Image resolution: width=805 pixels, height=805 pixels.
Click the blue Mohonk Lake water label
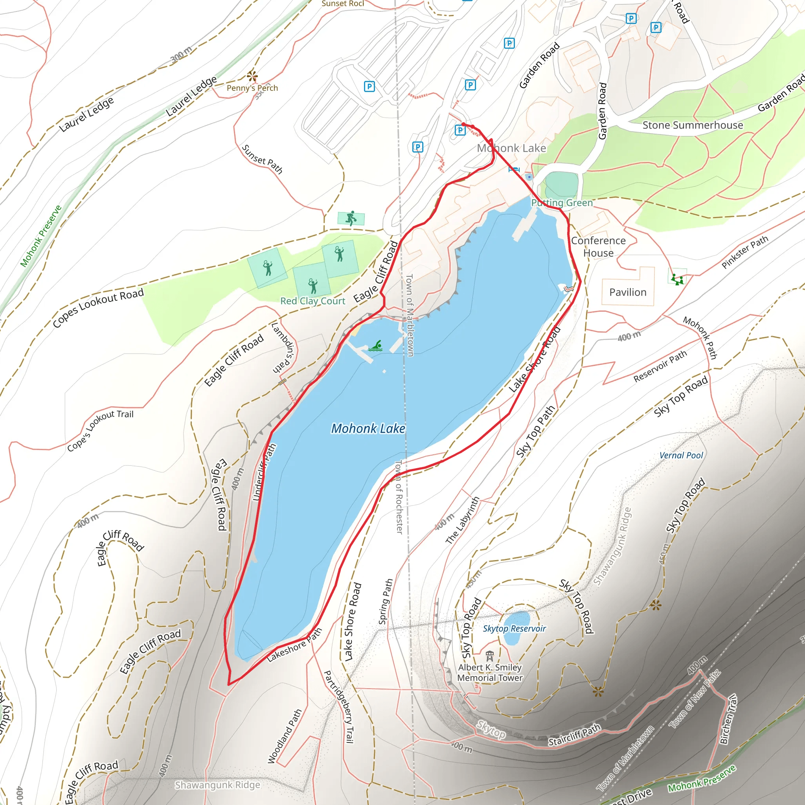368,429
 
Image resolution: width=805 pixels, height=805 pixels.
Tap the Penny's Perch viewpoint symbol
252,76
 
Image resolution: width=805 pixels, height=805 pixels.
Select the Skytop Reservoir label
514,629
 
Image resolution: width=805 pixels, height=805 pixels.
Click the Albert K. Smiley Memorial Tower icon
490,656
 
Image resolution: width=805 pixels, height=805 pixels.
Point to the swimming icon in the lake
376,346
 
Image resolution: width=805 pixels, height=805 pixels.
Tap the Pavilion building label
627,292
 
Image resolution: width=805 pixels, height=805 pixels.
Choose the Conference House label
598,247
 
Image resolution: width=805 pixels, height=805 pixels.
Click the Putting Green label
562,203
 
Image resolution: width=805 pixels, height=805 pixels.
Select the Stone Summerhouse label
693,125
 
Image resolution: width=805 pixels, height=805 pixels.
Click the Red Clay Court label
312,301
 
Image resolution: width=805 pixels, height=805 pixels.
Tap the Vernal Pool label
681,456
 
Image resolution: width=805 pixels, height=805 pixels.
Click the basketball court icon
351,218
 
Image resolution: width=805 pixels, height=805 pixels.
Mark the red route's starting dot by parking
463,124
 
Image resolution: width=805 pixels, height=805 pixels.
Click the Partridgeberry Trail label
339,707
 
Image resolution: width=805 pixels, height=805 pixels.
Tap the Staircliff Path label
574,735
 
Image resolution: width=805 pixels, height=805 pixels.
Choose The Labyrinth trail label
463,520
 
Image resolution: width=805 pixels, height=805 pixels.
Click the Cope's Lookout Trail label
100,430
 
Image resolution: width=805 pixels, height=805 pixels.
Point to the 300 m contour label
181,54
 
